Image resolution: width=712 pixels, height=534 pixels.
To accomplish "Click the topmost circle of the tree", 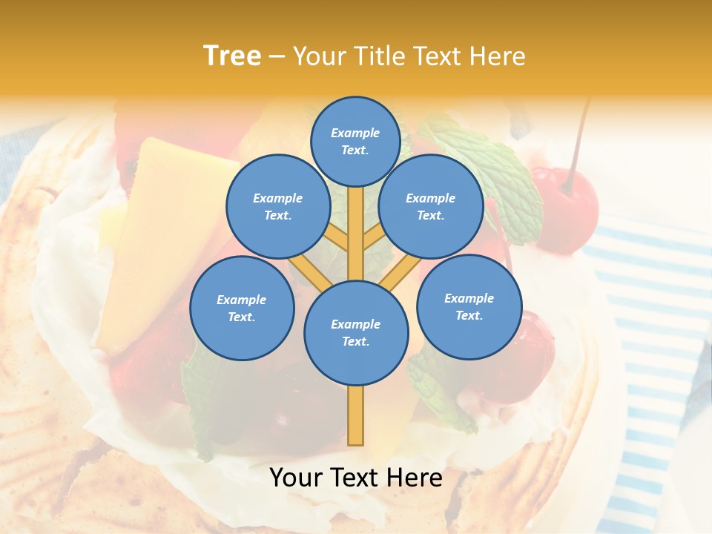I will coord(355,141).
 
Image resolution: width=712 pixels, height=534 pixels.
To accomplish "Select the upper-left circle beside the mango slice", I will coord(278,206).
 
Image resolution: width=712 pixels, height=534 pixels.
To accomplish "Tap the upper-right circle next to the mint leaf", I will coord(431,206).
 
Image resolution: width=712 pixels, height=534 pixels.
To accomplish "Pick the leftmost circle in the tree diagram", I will coord(242,308).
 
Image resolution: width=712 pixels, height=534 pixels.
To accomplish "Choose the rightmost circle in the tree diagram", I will coord(469,306).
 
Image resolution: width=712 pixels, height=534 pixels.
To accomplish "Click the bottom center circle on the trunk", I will coord(356,333).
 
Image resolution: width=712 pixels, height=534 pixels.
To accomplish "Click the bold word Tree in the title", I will coord(232,56).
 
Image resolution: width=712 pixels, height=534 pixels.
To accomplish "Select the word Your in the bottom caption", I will coord(297,478).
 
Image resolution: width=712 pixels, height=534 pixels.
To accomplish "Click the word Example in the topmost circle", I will coord(355,133).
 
